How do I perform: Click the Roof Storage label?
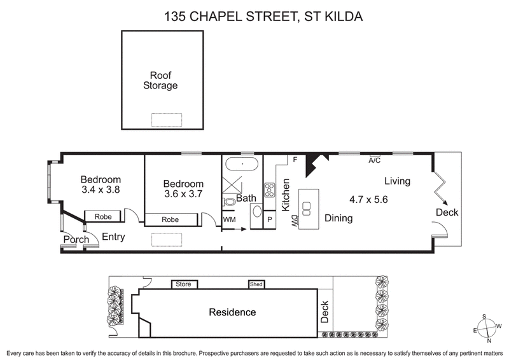coord(160,80)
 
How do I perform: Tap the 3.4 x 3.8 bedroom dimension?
coord(101,190)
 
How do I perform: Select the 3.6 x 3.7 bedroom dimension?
coord(183,195)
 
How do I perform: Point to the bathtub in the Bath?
coord(242,165)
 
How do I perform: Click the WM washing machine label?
coord(229,219)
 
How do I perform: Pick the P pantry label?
coord(270,220)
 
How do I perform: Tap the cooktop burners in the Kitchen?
coord(269,190)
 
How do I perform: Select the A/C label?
coord(375,161)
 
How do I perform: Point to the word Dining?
coord(339,218)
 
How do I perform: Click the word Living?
coord(398,181)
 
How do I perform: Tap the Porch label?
coord(75,240)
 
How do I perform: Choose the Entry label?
coord(112,237)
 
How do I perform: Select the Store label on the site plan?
coord(184,284)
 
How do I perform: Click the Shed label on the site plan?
coord(256,284)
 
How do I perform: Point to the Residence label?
coord(233,312)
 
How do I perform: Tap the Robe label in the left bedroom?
coord(103,217)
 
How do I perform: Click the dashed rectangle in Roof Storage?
coord(166,120)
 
